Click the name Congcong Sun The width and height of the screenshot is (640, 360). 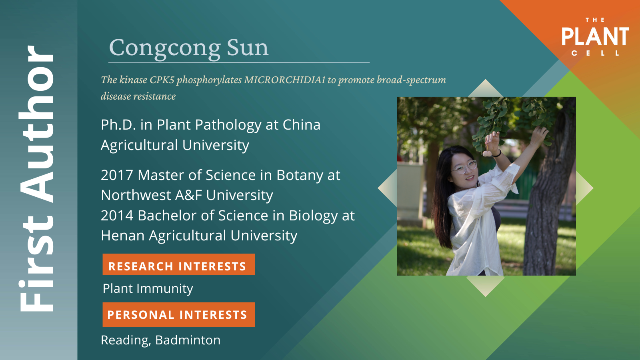click(189, 48)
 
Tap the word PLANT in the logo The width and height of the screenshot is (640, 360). click(595, 36)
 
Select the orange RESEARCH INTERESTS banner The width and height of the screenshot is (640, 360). click(178, 264)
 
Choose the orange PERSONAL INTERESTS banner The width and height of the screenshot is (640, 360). click(178, 314)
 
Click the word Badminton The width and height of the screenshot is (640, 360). click(188, 340)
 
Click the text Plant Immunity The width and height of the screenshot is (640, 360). click(148, 288)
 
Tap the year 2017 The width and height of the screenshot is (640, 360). click(117, 175)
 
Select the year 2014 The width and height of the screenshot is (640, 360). click(117, 216)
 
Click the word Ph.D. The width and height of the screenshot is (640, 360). click(118, 125)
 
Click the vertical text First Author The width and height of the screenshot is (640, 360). click(36, 178)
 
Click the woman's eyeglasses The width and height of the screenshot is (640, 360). click(464, 167)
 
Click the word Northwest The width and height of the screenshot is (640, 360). click(136, 196)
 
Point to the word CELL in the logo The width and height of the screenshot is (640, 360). click(595, 53)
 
